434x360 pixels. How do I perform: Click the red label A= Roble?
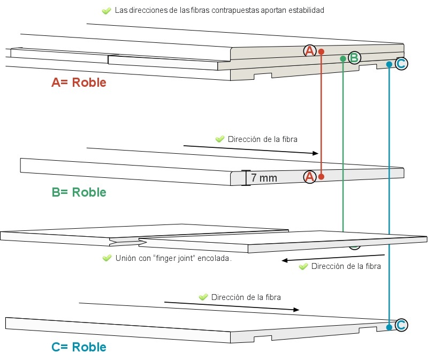(79, 82)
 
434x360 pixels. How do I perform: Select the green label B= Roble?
(79, 192)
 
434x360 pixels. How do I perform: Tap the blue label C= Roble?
(79, 347)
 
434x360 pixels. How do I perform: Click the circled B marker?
(354, 57)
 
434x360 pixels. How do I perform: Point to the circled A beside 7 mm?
(309, 177)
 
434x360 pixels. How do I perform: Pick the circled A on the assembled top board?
(309, 51)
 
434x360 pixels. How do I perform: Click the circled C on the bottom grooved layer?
(400, 325)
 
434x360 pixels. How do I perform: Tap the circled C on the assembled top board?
(401, 64)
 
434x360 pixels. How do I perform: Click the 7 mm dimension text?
(264, 178)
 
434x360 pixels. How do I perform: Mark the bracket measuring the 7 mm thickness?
(246, 178)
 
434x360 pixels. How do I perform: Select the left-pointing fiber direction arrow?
(333, 258)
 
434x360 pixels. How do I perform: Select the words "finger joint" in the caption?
(173, 258)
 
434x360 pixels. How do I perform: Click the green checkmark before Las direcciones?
(106, 11)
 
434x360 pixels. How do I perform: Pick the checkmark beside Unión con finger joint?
(107, 258)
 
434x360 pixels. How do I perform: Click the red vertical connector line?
(321, 112)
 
